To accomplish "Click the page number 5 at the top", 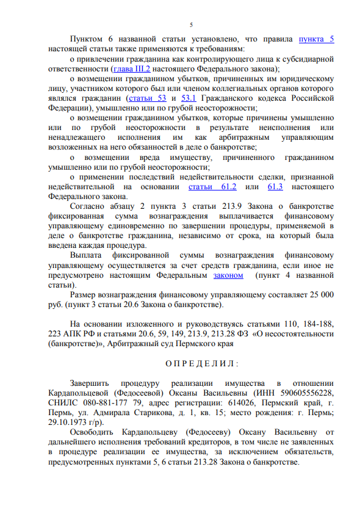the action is click(x=191, y=24).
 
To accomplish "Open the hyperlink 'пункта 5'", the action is click(x=316, y=40).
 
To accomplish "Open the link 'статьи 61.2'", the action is click(x=213, y=186).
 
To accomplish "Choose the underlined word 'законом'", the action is click(x=228, y=275).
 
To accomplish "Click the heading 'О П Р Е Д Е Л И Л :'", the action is click(x=191, y=364).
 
